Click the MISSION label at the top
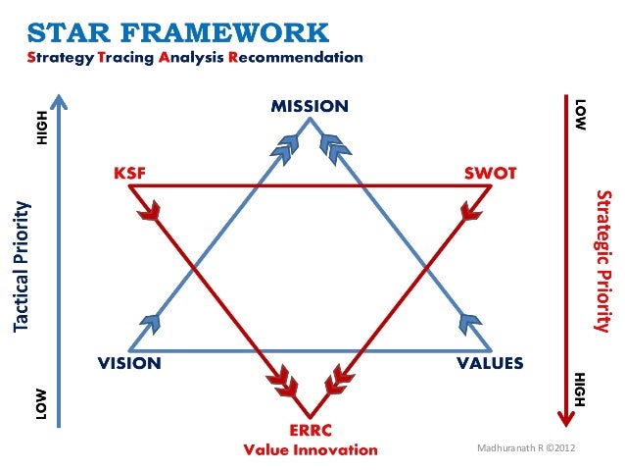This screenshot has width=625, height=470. (310, 106)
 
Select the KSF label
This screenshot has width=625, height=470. (129, 173)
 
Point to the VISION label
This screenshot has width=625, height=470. (128, 364)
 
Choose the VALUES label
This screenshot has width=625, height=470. (491, 364)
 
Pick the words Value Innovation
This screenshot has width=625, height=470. (310, 450)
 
